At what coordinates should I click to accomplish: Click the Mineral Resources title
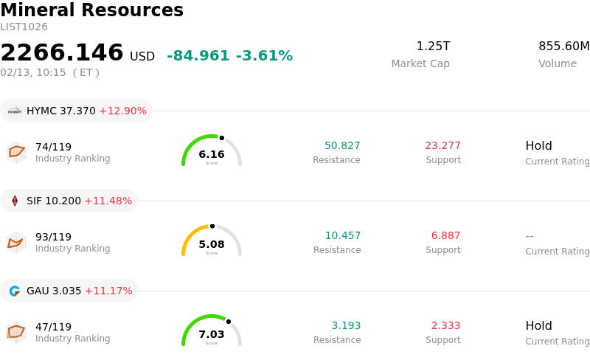(91, 10)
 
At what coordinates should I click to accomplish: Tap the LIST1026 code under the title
(24, 27)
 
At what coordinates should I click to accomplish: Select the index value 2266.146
(62, 52)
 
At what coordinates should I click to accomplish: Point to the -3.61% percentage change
(264, 56)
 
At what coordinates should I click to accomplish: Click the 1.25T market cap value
(433, 46)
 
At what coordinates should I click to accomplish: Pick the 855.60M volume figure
(563, 46)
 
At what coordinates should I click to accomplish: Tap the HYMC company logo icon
(15, 111)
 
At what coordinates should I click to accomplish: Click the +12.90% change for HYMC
(122, 111)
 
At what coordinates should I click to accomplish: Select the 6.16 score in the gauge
(212, 154)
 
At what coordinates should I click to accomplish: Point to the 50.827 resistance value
(342, 146)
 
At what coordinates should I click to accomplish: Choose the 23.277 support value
(443, 146)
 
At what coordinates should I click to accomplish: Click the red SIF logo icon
(15, 201)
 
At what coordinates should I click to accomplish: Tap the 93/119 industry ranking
(53, 237)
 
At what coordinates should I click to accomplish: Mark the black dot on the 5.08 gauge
(212, 226)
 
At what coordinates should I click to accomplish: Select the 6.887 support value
(445, 236)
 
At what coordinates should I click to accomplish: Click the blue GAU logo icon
(15, 291)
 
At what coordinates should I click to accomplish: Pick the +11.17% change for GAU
(108, 291)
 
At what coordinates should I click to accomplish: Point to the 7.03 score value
(212, 334)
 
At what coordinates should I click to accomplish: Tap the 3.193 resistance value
(346, 326)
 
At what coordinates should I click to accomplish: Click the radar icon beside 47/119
(16, 333)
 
